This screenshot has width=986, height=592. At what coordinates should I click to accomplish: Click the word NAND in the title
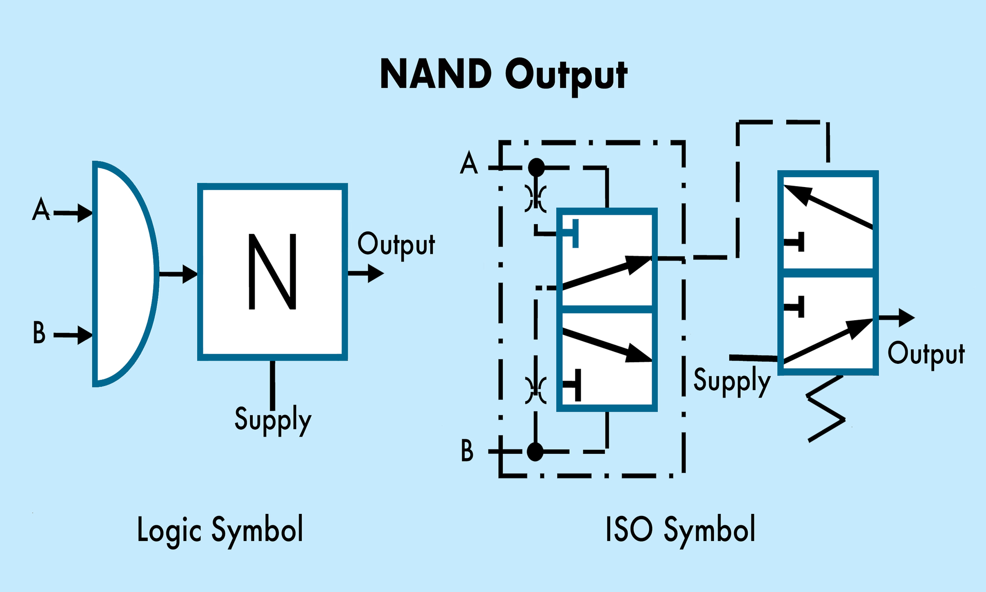(435, 75)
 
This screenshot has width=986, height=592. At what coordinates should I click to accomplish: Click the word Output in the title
(566, 76)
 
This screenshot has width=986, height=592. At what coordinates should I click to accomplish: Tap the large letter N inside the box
(273, 271)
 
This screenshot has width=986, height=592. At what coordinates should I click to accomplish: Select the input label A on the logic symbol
(41, 210)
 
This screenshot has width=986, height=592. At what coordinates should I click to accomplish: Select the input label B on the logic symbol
(40, 333)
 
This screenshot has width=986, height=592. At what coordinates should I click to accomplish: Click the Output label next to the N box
(396, 245)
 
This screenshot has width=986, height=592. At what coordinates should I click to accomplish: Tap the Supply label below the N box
(273, 419)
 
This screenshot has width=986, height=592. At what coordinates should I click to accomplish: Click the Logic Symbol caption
(220, 530)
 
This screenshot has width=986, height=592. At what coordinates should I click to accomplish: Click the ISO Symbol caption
(680, 530)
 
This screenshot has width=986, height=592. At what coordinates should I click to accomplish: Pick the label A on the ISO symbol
(469, 163)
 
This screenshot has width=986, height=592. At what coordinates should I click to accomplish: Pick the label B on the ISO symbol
(467, 451)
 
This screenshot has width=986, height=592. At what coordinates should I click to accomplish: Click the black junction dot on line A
(537, 168)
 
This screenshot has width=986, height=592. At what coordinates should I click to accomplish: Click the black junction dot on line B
(535, 452)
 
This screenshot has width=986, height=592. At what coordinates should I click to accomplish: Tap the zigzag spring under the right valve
(825, 409)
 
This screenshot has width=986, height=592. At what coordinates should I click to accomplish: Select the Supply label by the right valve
(732, 381)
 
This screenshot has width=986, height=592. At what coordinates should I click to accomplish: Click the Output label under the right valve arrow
(926, 354)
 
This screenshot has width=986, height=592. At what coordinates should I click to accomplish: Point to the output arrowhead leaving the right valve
(906, 318)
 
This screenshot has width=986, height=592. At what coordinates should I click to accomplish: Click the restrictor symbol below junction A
(536, 198)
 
